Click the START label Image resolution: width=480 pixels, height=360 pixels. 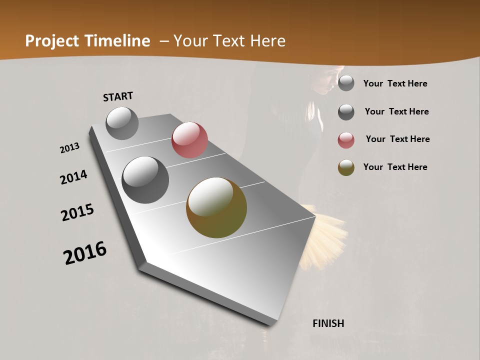point(118,96)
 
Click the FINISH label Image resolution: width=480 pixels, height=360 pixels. point(328,323)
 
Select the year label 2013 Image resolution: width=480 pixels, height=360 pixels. point(69,148)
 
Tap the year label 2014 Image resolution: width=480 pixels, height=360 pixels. point(73,177)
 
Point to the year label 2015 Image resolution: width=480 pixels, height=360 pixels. point(77,212)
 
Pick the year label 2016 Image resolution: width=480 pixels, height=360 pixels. point(85,253)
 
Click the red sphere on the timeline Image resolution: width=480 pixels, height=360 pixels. point(189,140)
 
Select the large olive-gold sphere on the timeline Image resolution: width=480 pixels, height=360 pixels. point(216,207)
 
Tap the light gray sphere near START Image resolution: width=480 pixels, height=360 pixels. point(122,123)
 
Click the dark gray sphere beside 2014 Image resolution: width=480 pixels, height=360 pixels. point(145,180)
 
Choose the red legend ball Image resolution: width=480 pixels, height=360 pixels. point(346,140)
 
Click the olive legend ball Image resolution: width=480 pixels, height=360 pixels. point(346,168)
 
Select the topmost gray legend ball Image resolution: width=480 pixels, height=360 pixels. point(346,83)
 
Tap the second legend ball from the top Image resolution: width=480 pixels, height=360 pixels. point(346,112)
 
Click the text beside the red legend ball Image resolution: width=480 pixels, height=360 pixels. point(397,139)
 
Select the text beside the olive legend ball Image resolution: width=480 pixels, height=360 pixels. point(395,167)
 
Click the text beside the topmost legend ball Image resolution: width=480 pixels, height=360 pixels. point(395,83)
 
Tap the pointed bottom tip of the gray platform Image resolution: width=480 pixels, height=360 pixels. point(270,324)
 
